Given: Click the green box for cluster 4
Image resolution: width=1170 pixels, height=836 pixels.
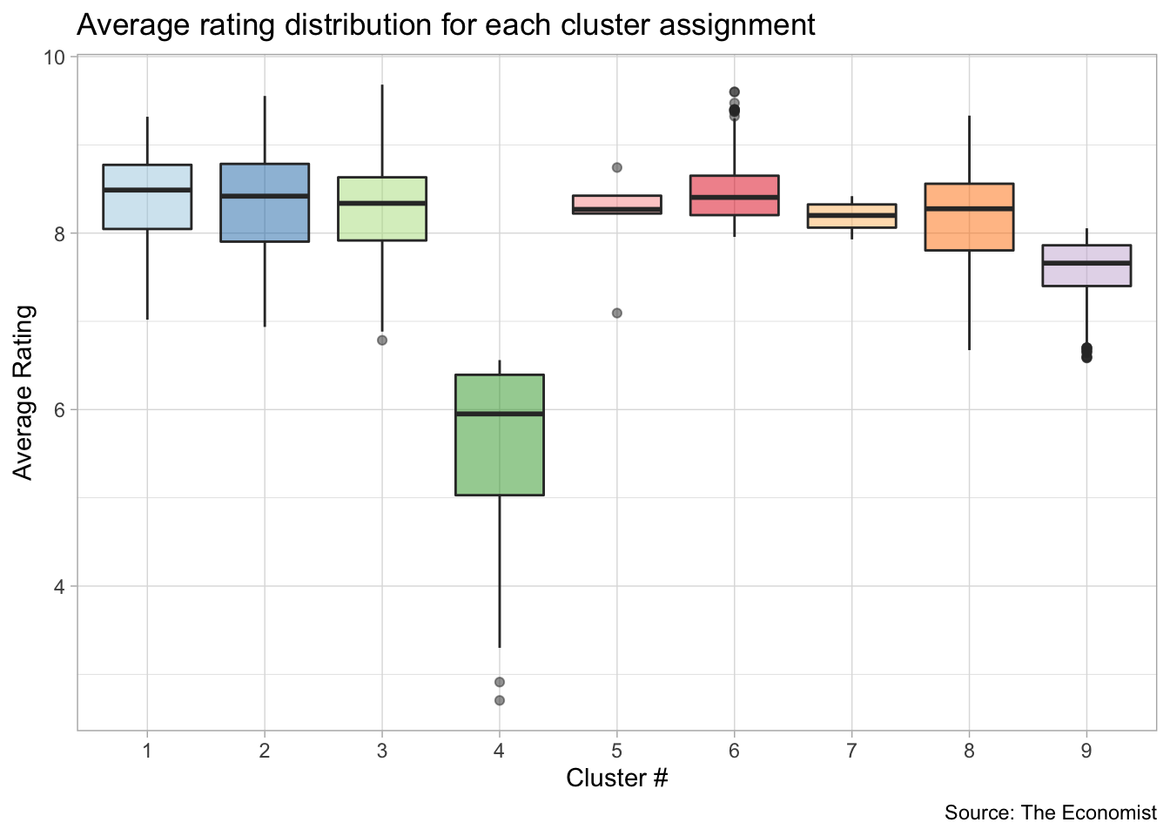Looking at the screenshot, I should (500, 453).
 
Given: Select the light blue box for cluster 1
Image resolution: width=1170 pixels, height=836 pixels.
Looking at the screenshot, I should (147, 209).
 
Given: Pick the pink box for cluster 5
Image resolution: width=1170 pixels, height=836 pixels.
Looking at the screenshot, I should (616, 202).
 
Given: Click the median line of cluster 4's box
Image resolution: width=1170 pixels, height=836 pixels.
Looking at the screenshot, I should (500, 414).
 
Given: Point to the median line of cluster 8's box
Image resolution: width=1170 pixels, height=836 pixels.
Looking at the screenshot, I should (969, 209).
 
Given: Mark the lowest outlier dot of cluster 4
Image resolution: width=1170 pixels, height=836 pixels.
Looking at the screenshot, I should (500, 700).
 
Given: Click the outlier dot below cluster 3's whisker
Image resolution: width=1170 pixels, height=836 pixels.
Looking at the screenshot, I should (382, 340).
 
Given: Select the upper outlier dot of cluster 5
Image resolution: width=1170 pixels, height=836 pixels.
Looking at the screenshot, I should (617, 167).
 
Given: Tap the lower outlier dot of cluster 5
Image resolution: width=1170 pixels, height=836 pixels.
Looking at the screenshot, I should (617, 313).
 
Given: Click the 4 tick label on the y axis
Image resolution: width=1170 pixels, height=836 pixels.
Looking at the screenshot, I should (59, 587).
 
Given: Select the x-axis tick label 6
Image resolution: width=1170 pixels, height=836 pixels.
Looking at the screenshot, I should (735, 751).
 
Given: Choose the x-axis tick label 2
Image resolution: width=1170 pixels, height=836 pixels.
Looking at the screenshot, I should (265, 751).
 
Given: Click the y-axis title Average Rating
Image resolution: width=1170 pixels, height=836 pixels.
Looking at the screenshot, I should (24, 392).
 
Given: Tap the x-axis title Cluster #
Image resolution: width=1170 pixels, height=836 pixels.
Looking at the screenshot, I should (616, 778).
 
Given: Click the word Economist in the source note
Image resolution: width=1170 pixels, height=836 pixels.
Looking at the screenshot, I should (1117, 813).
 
